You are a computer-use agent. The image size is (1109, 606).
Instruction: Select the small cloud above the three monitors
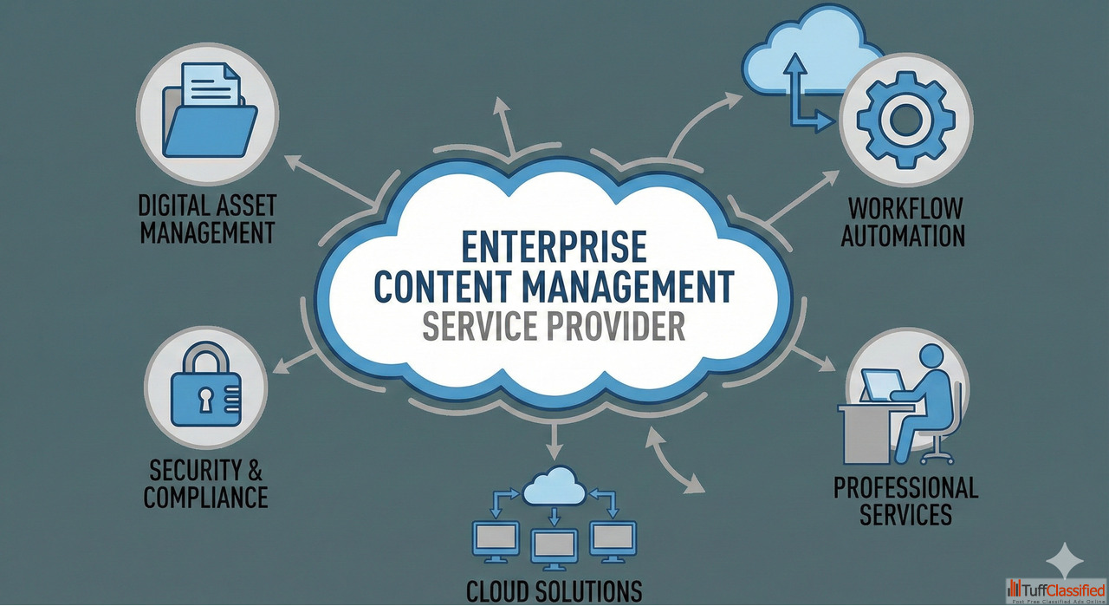(554, 487)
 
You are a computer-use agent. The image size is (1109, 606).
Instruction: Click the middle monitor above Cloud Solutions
(554, 544)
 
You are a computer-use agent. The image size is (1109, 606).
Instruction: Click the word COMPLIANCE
(205, 497)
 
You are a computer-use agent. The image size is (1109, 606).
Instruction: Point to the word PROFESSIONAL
(905, 487)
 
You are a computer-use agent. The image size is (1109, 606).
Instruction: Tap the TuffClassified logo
(1056, 590)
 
